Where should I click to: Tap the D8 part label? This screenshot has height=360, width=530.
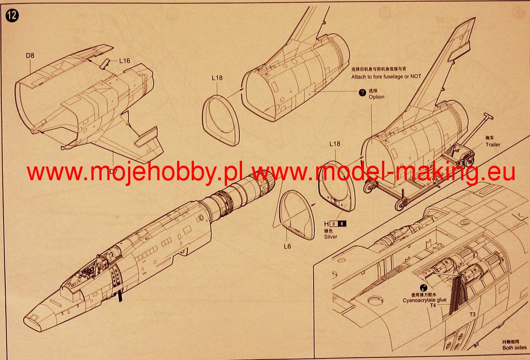pyautogui.click(x=30, y=56)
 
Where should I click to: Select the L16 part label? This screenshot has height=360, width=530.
pyautogui.click(x=124, y=61)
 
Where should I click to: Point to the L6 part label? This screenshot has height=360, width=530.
pyautogui.click(x=287, y=246)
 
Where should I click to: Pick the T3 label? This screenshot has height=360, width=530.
pyautogui.click(x=473, y=314)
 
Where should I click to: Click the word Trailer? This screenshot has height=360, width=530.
pyautogui.click(x=493, y=144)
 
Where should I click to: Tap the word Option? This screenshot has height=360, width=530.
pyautogui.click(x=377, y=97)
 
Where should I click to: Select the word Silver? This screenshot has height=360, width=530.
pyautogui.click(x=330, y=236)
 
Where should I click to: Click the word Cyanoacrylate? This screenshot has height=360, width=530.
pyautogui.click(x=419, y=300)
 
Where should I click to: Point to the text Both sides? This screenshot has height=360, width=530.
pyautogui.click(x=515, y=348)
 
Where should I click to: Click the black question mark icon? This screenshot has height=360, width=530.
pyautogui.click(x=362, y=93)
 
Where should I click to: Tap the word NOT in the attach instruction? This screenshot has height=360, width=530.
pyautogui.click(x=415, y=76)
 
